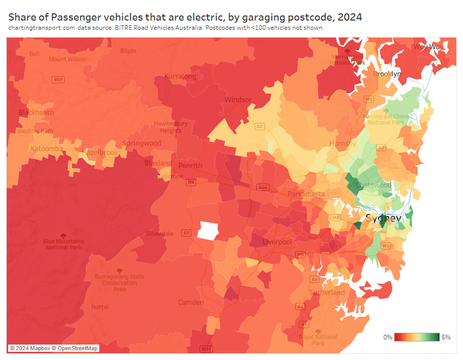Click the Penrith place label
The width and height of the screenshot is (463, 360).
190,166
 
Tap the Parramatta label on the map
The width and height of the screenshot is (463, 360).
306,194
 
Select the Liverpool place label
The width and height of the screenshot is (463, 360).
277,242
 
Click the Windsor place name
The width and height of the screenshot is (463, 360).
238,100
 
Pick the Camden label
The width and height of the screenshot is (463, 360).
191,302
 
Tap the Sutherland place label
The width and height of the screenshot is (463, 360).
327,293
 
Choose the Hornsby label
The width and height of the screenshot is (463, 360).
343,143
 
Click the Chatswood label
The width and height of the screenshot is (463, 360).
373,185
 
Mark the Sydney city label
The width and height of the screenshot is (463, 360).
383,219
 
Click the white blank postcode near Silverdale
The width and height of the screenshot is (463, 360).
209,230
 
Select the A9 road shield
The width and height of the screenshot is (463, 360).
186,233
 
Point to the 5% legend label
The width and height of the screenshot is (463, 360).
446,337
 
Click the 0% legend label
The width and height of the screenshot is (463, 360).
388,337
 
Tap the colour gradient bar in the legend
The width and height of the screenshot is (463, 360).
417,337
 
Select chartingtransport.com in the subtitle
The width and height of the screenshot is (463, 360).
42,28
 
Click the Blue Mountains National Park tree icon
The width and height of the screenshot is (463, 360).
63,236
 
